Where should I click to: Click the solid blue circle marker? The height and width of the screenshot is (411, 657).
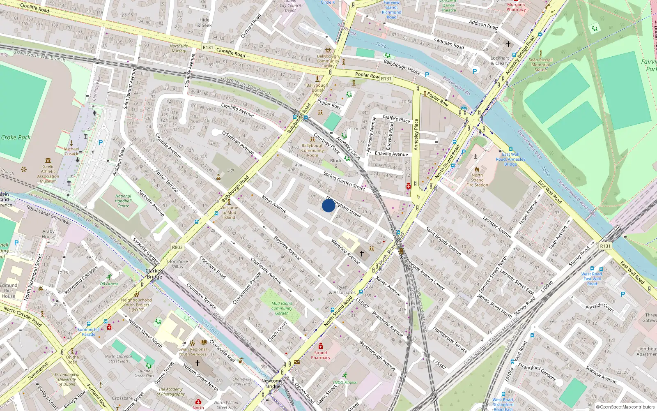[x=328, y=205]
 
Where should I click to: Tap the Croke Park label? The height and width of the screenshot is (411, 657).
[x=16, y=137]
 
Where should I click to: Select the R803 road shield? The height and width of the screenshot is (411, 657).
[x=177, y=247]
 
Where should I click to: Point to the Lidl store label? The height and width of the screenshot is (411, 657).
[x=231, y=170]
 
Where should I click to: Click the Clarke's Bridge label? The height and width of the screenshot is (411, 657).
[x=154, y=274]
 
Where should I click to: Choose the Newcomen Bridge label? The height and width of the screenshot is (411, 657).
[x=273, y=383]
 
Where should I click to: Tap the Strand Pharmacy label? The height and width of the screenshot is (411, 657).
[x=321, y=355]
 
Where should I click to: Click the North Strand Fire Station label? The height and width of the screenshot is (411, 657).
[x=477, y=180]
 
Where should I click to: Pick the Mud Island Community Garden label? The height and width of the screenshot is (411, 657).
[x=282, y=308]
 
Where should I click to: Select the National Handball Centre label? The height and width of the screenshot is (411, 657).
[x=123, y=201]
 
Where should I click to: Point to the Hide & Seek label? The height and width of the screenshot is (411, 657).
[x=204, y=23]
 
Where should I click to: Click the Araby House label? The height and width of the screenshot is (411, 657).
[x=48, y=234]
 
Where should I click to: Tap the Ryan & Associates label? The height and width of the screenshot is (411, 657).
[x=342, y=290]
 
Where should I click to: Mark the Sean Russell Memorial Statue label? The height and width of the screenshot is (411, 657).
[x=540, y=65]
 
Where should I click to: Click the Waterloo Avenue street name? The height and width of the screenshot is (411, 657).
[x=345, y=252]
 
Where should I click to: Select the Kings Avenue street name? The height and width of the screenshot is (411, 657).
[x=274, y=204]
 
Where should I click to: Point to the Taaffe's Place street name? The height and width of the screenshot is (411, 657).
[x=396, y=119]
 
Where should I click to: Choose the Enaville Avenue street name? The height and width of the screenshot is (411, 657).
[x=391, y=154]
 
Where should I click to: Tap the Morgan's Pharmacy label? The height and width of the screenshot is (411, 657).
[x=516, y=7]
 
